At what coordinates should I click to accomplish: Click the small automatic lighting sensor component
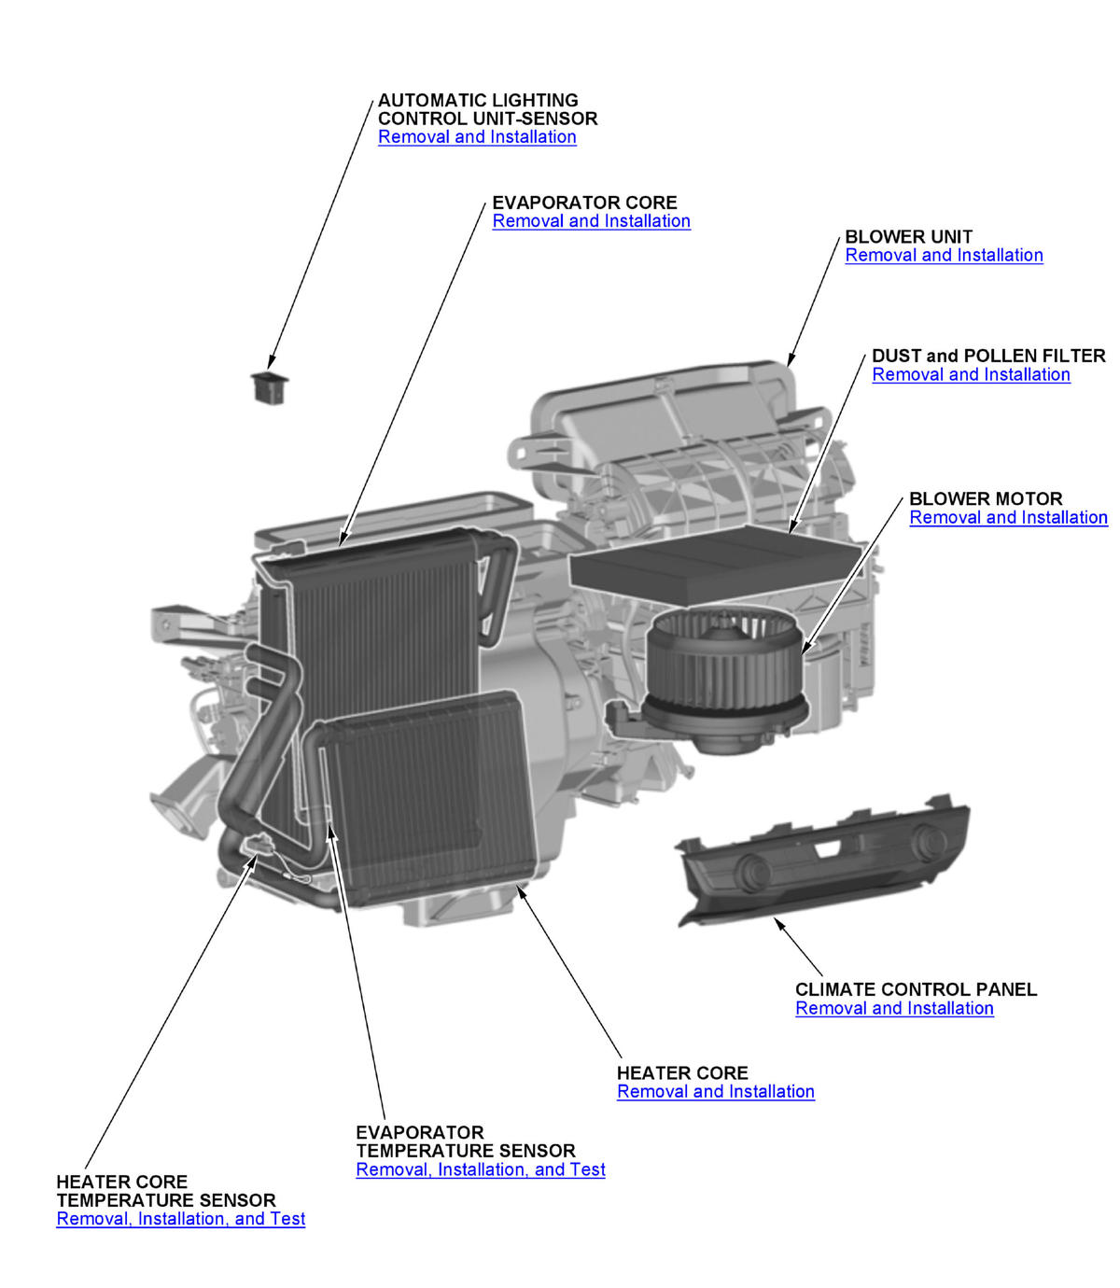tap(270, 386)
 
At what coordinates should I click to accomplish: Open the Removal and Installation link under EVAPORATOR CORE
tap(591, 221)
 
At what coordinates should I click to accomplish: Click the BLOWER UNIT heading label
tap(908, 237)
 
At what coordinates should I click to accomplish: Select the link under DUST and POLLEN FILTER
tap(971, 374)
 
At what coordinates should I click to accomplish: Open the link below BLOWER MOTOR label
tap(1008, 518)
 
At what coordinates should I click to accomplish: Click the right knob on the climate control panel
tap(927, 842)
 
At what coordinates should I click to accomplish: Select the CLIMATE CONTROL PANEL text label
tap(916, 989)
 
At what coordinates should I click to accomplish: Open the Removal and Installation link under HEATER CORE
tap(715, 1092)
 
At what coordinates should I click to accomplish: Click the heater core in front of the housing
tap(429, 793)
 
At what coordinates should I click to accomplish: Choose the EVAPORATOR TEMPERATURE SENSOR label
tap(465, 1141)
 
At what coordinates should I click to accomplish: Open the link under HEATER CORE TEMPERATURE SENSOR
tap(180, 1219)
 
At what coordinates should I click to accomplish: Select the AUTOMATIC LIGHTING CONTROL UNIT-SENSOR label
tap(486, 109)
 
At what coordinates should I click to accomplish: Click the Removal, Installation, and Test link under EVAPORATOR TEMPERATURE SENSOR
tap(480, 1169)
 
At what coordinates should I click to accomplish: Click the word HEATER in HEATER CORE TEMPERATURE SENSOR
tap(92, 1182)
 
